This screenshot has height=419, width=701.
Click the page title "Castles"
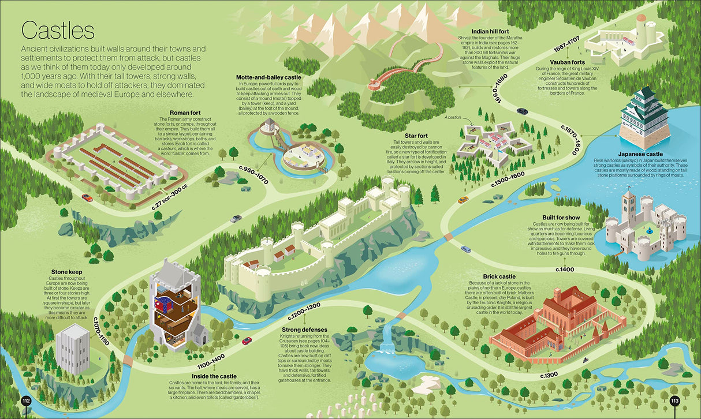(x=58, y=30)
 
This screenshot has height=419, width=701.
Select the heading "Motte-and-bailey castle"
(x=269, y=77)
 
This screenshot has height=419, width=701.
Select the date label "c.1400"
(x=565, y=269)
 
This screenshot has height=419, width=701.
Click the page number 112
(x=25, y=401)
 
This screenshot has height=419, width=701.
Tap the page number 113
(x=675, y=401)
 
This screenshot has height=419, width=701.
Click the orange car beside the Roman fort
(x=87, y=197)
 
